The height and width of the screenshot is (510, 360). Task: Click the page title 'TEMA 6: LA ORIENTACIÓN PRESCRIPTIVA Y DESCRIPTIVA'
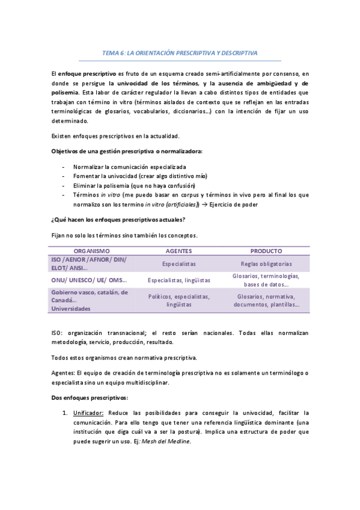[x=180, y=53]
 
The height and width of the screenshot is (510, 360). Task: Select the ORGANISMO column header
[x=91, y=251]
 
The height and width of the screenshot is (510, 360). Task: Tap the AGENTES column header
[x=178, y=251]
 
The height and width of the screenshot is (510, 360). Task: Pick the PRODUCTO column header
[x=266, y=251]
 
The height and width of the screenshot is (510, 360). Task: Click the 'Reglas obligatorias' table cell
[x=266, y=263]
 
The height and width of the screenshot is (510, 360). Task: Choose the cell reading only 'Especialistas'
[x=179, y=263]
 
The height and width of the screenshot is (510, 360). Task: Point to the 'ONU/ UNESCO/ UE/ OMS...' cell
[x=90, y=280]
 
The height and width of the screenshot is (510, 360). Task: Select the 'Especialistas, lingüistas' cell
[x=179, y=280]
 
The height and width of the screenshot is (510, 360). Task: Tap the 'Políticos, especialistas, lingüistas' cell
[x=179, y=301]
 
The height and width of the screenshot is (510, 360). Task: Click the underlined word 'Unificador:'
[x=88, y=413]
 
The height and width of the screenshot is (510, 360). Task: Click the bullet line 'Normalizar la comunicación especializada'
[x=129, y=166]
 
